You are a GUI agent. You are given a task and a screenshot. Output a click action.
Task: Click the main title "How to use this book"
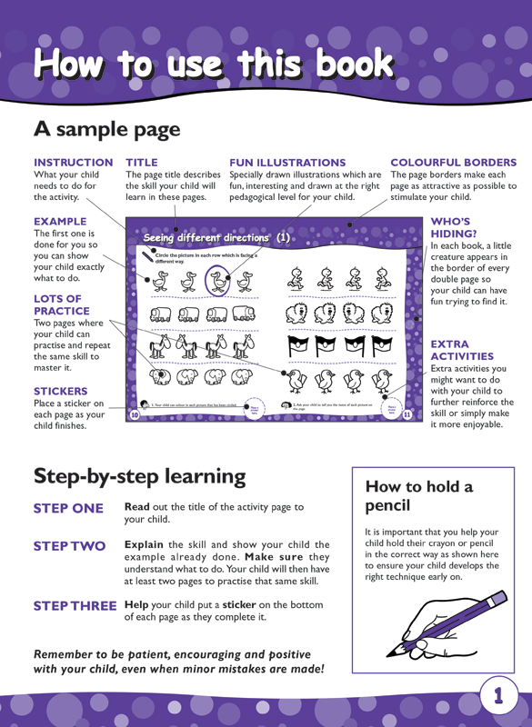[214, 64]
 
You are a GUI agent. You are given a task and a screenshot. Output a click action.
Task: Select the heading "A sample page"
[107, 129]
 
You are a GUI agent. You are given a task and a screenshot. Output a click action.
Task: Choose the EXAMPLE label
[60, 221]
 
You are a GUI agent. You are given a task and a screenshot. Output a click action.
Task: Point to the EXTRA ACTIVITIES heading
[462, 351]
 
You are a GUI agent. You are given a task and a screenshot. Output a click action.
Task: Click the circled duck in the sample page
[218, 282]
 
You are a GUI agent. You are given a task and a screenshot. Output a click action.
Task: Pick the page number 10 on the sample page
[135, 414]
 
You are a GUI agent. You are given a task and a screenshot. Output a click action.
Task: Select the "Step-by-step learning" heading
[139, 475]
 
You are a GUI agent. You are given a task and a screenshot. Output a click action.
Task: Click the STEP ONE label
[68, 508]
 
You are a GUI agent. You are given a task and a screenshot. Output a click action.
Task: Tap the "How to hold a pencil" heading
[418, 495]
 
